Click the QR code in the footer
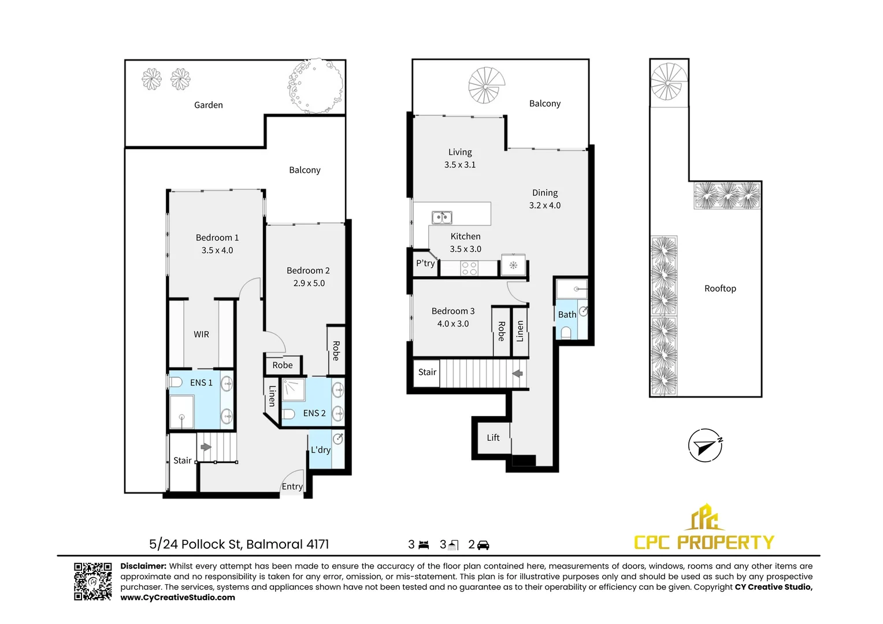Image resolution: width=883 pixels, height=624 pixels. pyautogui.click(x=92, y=581)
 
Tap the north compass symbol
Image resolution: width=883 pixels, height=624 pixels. pyautogui.click(x=704, y=445)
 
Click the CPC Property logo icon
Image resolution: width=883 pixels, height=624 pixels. pyautogui.click(x=704, y=518)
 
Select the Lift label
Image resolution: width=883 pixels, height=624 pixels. pyautogui.click(x=493, y=437)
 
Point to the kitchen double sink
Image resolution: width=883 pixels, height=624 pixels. pyautogui.click(x=442, y=218)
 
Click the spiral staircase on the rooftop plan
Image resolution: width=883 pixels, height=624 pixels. pyautogui.click(x=669, y=82)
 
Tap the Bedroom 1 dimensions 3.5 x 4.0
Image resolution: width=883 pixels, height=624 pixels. pyautogui.click(x=217, y=250)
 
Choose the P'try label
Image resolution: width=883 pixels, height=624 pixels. pyautogui.click(x=425, y=263)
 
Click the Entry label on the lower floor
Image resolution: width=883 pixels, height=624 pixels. pyautogui.click(x=292, y=486)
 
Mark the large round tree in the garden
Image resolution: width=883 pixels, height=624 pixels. pyautogui.click(x=315, y=86)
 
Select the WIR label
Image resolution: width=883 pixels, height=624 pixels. pyautogui.click(x=201, y=335)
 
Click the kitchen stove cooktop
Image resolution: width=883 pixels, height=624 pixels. pyautogui.click(x=469, y=268)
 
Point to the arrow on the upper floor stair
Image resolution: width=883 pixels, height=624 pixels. pyautogui.click(x=518, y=373)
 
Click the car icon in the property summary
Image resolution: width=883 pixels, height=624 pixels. pyautogui.click(x=483, y=545)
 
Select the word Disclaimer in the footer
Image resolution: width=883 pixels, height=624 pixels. pyautogui.click(x=143, y=566)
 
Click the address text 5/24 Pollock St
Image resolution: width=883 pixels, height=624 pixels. pyautogui.click(x=195, y=544)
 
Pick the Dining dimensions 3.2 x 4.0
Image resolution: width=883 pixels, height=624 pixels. pyautogui.click(x=545, y=205)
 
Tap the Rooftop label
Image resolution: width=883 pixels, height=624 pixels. pyautogui.click(x=720, y=288)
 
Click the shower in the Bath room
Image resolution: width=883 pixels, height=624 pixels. pyautogui.click(x=572, y=288)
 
